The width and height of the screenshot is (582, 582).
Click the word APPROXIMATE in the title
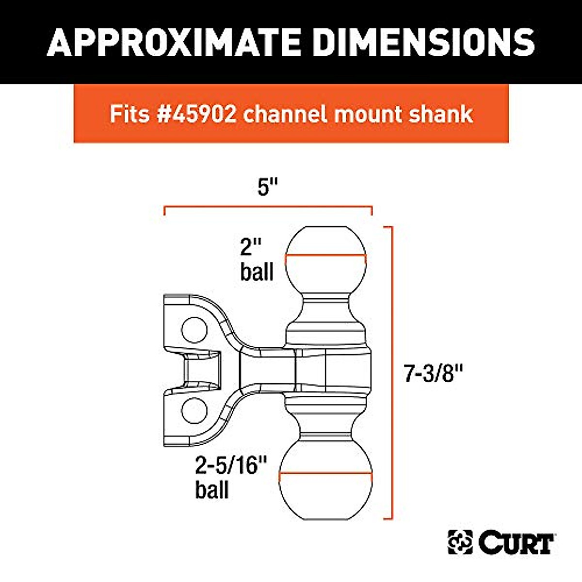(176, 42)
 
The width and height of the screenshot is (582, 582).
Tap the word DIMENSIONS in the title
(423, 42)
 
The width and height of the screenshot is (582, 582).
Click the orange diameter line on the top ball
(325, 256)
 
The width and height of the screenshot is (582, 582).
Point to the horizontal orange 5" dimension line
(268, 208)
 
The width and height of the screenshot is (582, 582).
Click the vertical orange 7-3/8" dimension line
(391, 372)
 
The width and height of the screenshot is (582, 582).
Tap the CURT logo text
(517, 543)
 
